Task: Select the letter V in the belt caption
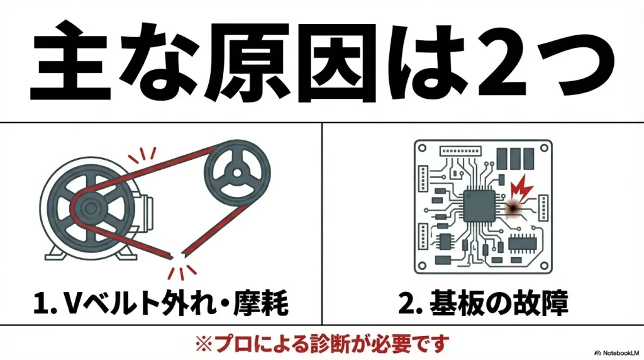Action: (70, 305)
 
